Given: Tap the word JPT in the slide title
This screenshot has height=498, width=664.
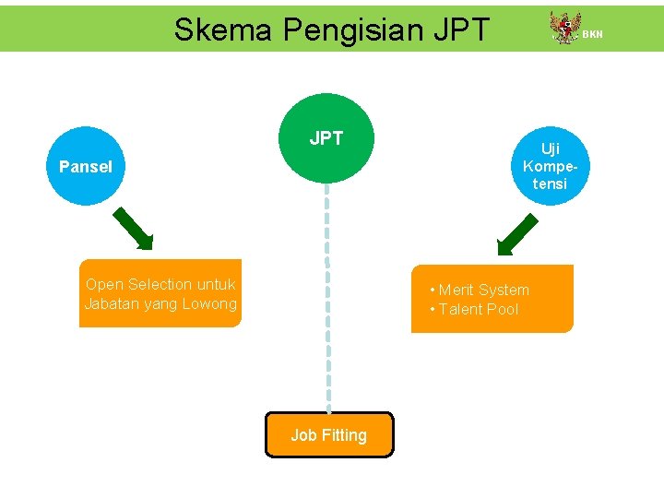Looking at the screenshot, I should pos(458,30).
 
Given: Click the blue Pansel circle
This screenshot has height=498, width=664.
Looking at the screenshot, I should pos(85,166).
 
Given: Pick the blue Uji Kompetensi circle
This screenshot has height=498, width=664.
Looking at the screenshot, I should pos(551,166).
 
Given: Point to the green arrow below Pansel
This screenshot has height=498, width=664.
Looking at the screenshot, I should pos(133,230).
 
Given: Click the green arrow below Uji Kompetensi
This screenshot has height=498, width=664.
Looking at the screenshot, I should pos(516,233).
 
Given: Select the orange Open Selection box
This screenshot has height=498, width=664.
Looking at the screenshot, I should pos(160,293).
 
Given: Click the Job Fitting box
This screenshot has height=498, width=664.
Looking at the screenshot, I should pos(329,434).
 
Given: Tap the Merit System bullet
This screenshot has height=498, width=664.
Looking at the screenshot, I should pos(480,290).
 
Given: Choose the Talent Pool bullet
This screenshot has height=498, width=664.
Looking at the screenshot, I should pos(474,309).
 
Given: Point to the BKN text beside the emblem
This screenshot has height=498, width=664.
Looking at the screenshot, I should pos(592,34).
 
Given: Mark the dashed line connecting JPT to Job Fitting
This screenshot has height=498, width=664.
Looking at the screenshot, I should pos(328,295).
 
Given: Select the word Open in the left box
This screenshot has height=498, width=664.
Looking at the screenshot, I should pos(104,284).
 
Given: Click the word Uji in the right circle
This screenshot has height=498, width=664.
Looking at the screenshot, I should pos(551,148).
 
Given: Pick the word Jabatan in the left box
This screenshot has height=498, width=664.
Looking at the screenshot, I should pos(112,303).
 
